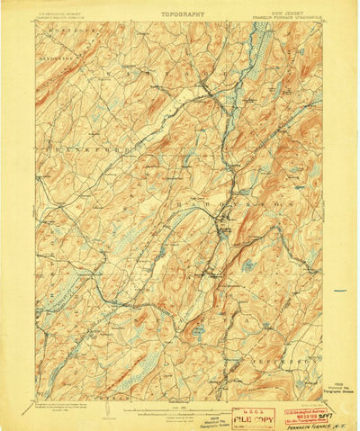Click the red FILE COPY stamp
250,418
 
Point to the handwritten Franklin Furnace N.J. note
310,423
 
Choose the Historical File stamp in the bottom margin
208,418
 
